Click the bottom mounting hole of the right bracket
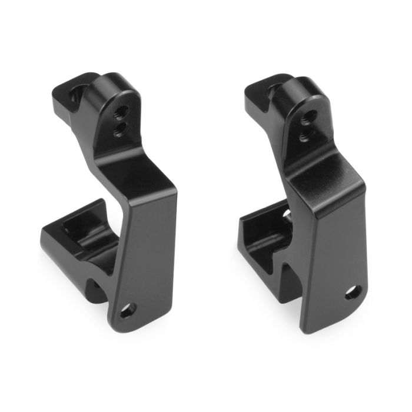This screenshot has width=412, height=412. (x=354, y=291)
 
